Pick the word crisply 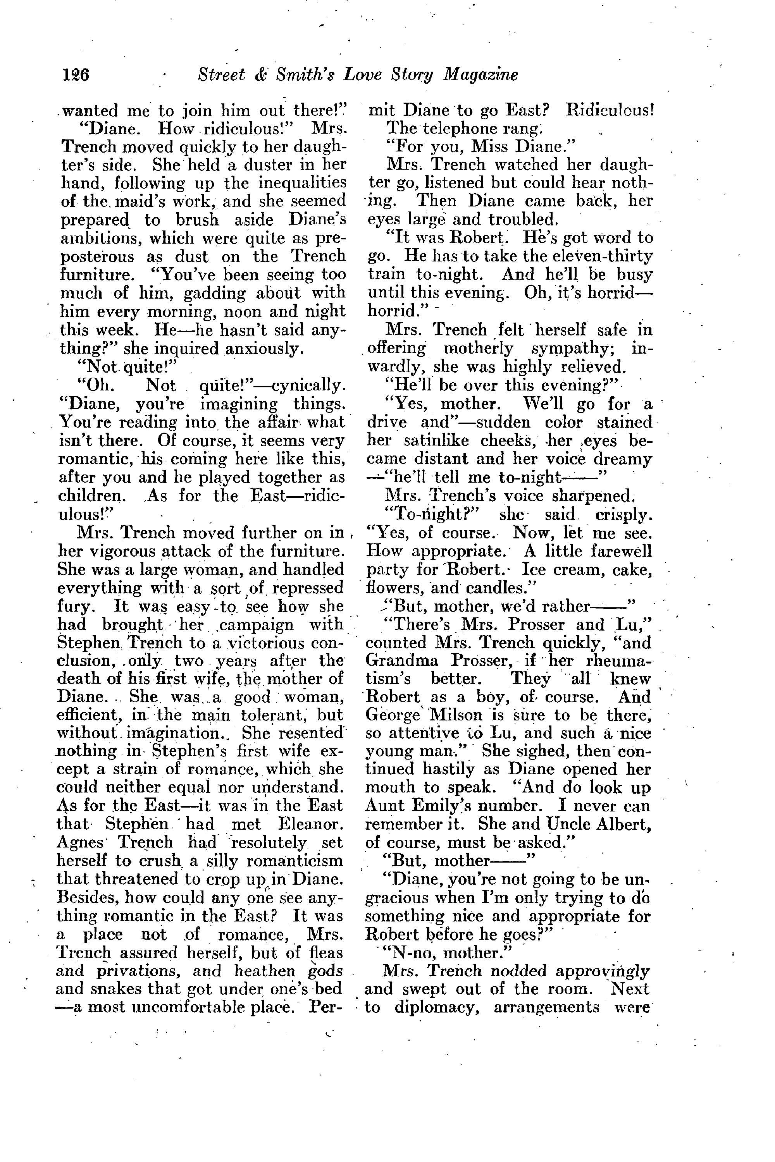click(624, 515)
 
